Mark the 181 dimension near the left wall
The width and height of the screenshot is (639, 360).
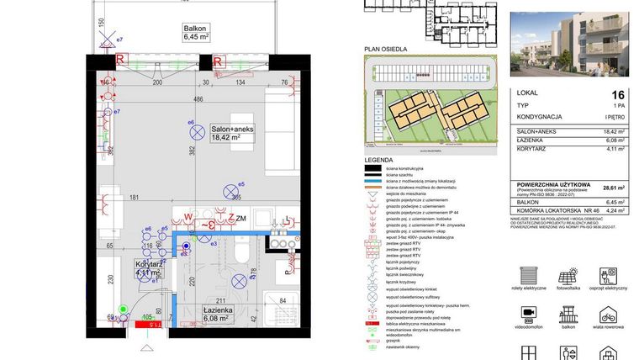pos(133,199)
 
